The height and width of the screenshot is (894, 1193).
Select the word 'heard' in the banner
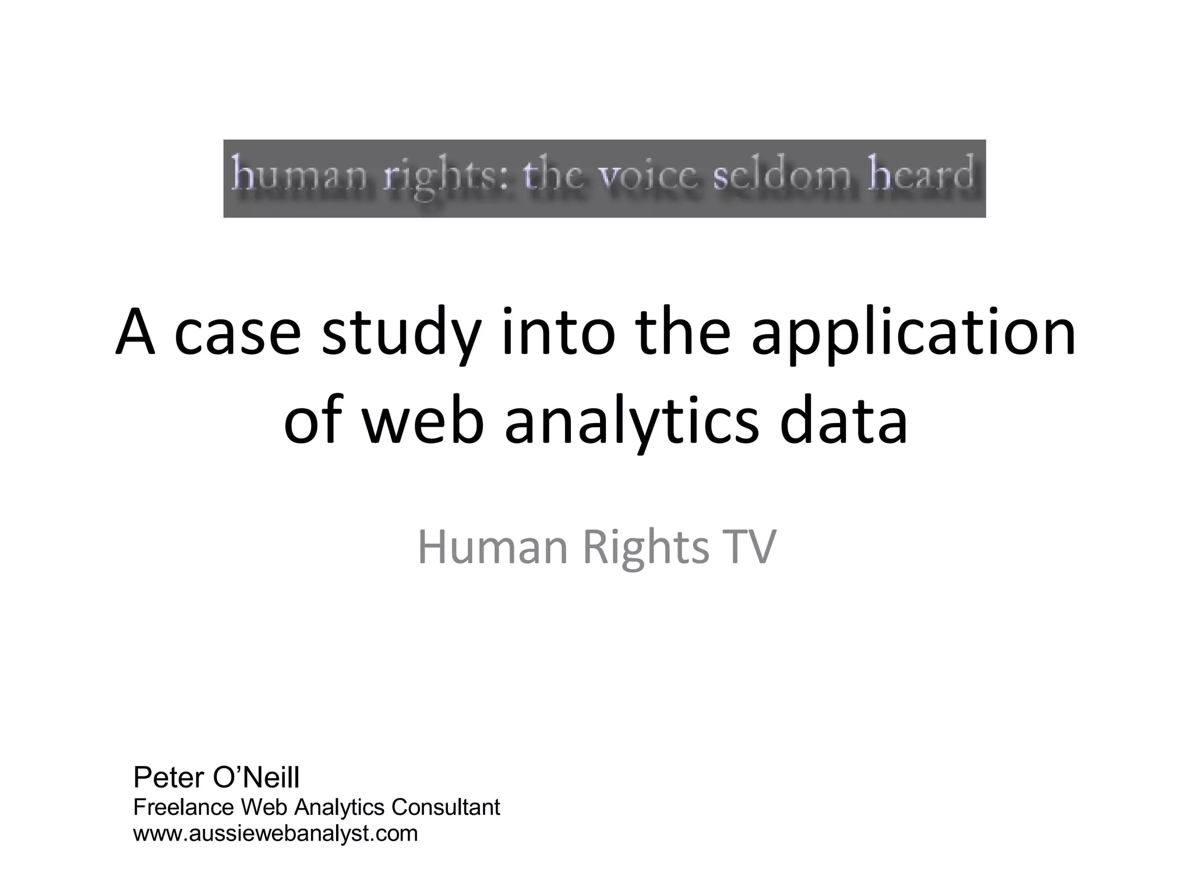(920, 174)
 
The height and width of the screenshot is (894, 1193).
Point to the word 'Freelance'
(183, 807)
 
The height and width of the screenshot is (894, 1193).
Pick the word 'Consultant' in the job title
(446, 807)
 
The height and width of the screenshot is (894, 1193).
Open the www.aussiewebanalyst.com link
(276, 833)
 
